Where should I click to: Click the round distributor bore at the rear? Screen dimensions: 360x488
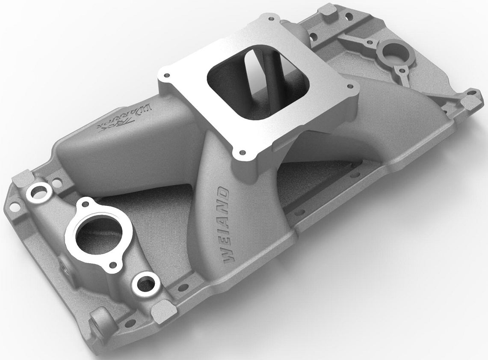(392, 51)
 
